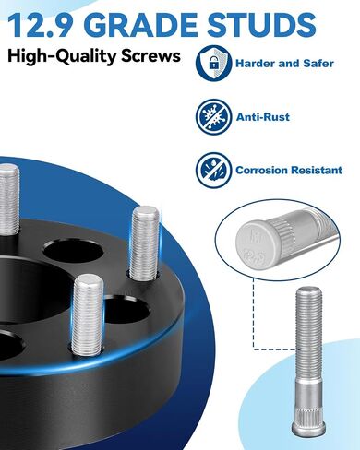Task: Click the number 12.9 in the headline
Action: tap(42, 25)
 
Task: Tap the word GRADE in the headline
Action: tap(140, 25)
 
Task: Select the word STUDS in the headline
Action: tap(262, 25)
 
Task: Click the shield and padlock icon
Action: tap(213, 63)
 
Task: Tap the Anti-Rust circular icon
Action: tap(213, 116)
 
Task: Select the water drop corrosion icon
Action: tap(213, 170)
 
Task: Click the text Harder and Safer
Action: tap(284, 64)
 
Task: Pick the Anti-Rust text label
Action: tap(263, 117)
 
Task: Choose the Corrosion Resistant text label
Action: tap(289, 170)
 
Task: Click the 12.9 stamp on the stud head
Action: tap(255, 257)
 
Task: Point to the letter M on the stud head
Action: tap(256, 235)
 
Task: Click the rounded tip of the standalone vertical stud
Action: tap(309, 290)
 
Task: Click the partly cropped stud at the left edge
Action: tap(8, 200)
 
